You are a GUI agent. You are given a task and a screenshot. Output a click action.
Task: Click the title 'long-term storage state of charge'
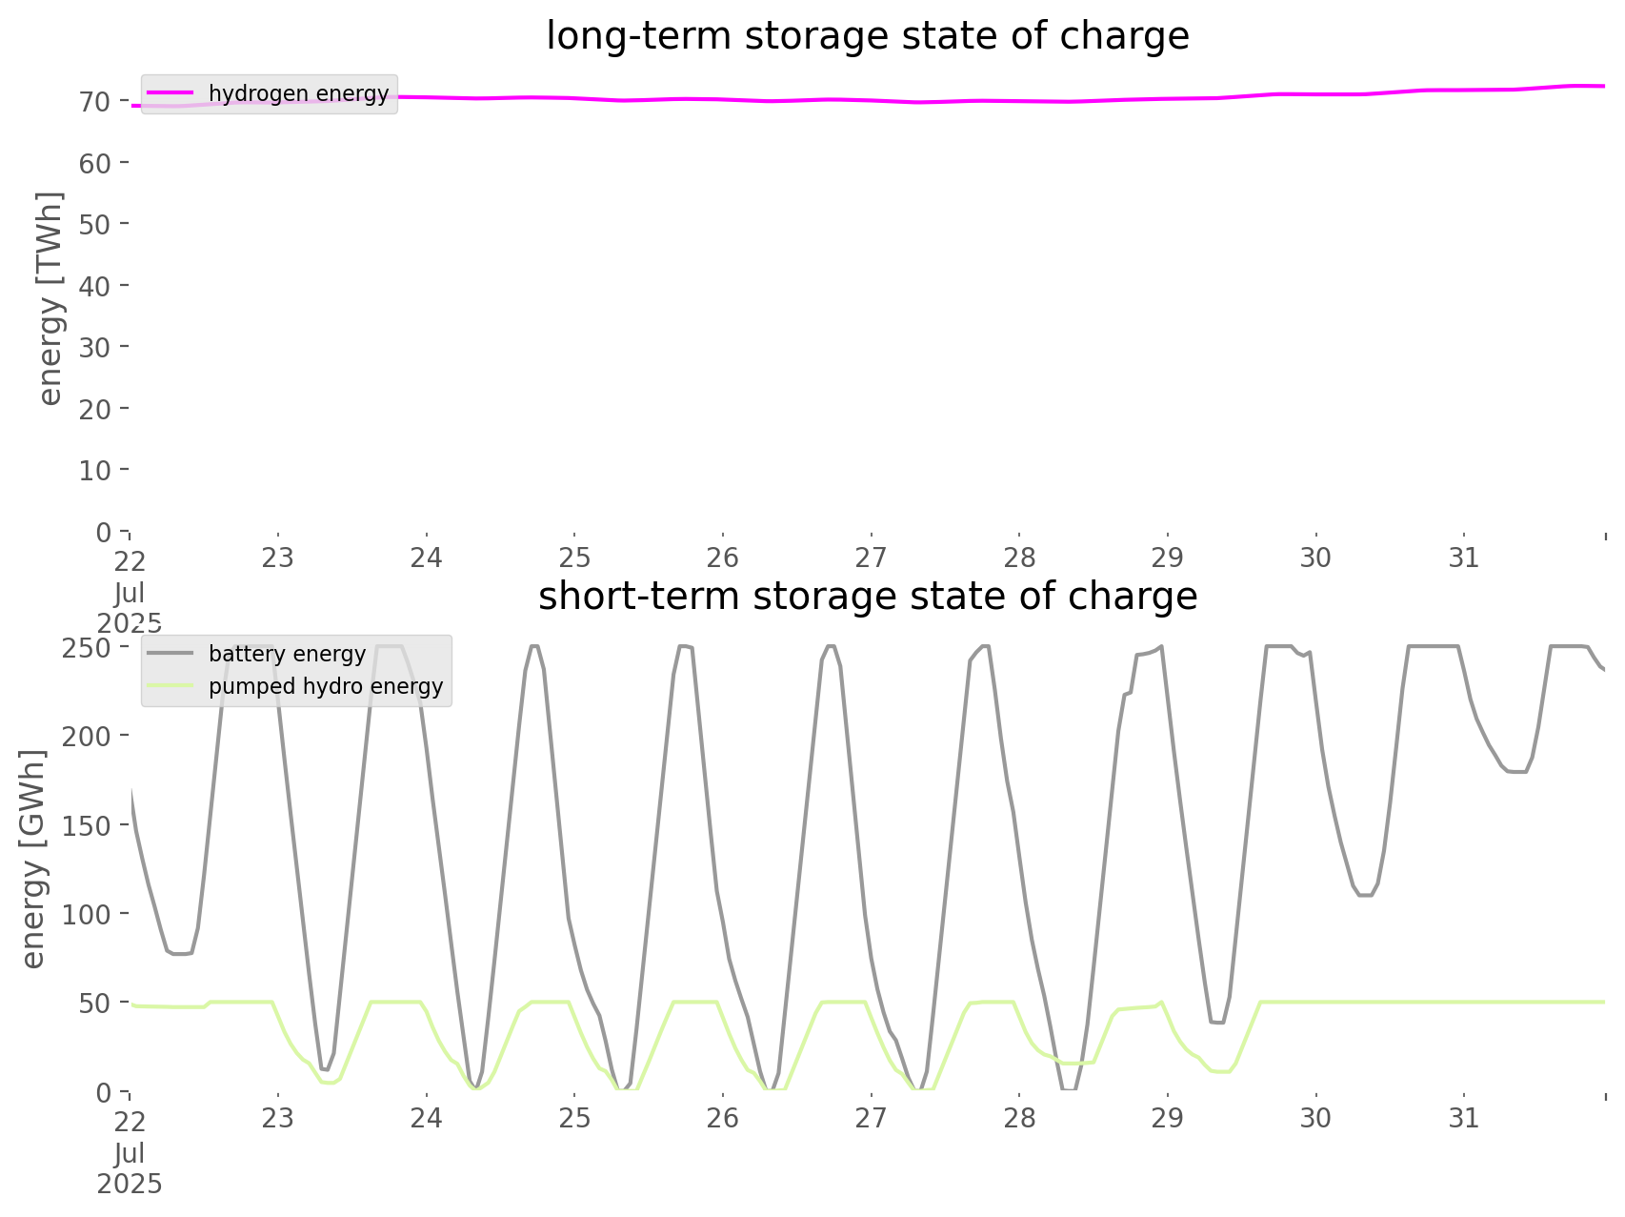[x=867, y=36]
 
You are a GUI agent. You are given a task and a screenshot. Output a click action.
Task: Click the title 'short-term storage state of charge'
[x=867, y=597]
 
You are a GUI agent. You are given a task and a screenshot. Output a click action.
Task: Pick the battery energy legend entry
[x=287, y=654]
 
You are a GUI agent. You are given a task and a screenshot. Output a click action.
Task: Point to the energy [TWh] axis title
[x=50, y=298]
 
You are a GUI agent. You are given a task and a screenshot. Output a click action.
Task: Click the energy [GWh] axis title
[x=33, y=859]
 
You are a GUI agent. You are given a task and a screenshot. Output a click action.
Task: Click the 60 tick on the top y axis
[x=94, y=163]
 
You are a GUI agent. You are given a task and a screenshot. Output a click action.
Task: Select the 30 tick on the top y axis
[x=94, y=347]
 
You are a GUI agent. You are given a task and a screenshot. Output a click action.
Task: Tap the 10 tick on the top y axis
[x=94, y=470]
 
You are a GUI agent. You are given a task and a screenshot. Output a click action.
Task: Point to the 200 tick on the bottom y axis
[x=87, y=736]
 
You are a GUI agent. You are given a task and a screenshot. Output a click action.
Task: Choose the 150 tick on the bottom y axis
[x=87, y=825]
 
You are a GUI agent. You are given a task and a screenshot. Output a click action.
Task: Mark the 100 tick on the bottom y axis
[x=87, y=914]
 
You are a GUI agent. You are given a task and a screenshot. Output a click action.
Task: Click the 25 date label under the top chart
[x=574, y=558]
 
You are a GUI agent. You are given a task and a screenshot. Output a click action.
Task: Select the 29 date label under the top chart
[x=1168, y=558]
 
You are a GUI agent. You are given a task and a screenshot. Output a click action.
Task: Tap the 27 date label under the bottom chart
[x=871, y=1118]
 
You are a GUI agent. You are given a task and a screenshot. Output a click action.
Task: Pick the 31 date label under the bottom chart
[x=1464, y=1118]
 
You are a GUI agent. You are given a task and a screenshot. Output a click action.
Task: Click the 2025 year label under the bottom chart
[x=130, y=1185]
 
